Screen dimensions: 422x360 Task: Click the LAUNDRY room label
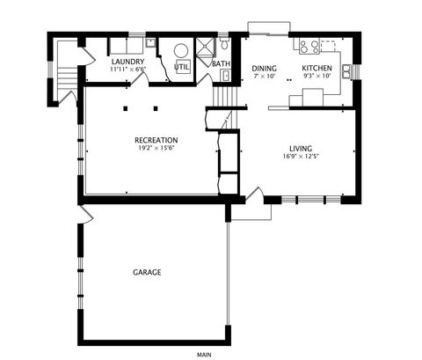coord(127,62)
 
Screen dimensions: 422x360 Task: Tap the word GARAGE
coord(147,272)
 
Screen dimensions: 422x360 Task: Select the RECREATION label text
coord(156,140)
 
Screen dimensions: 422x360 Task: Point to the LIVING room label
coord(301,149)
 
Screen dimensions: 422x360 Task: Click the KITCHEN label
coord(317,68)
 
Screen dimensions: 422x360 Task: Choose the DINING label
coord(265,69)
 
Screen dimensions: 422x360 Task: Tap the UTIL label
coord(182,67)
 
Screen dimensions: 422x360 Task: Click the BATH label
coord(221,63)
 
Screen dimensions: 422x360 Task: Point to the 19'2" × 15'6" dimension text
coord(156,148)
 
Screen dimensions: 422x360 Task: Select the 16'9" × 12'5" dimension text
coord(301,156)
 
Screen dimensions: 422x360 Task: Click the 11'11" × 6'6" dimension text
coord(127,70)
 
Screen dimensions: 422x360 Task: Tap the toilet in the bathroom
coord(224,43)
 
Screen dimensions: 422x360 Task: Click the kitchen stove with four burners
coord(309,46)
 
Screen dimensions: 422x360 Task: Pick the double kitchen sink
coord(346,71)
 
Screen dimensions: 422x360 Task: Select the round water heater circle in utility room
coord(181,51)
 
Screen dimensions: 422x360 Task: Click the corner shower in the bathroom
coord(206,50)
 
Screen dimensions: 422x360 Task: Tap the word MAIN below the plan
coord(204,355)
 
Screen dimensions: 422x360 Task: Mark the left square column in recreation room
coord(126,108)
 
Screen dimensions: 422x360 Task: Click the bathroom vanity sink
coord(226,76)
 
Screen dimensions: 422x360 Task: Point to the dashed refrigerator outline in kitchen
coord(328,46)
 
